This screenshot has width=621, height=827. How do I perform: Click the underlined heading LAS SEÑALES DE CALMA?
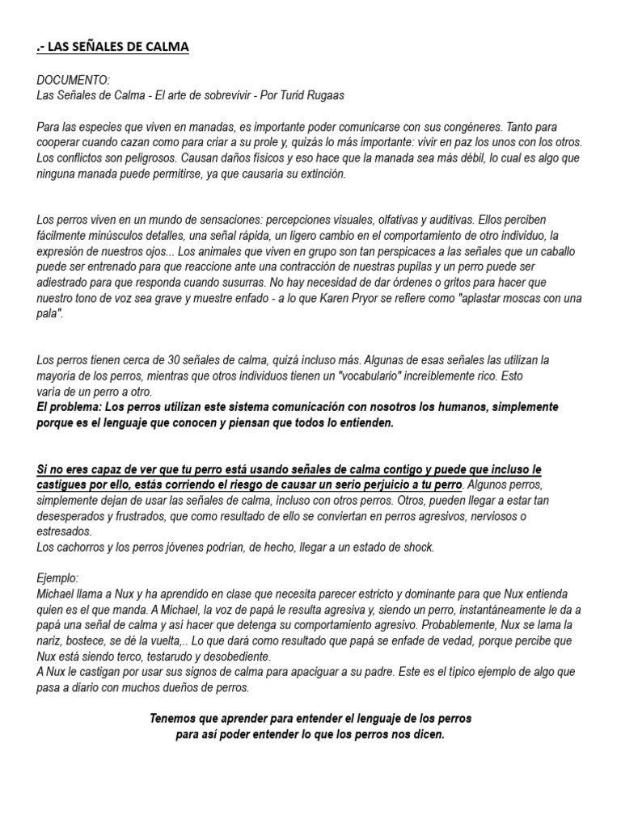pos(112,47)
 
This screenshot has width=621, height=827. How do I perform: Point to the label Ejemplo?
pos(59,578)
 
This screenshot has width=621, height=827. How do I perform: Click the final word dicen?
pos(427,734)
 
